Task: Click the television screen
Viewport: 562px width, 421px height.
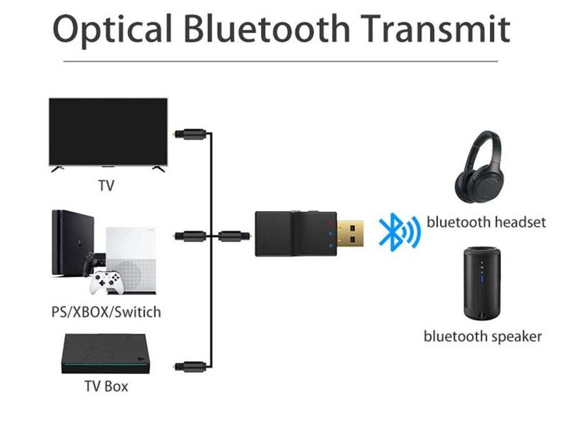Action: click(x=108, y=132)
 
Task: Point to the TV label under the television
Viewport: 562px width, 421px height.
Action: click(x=106, y=186)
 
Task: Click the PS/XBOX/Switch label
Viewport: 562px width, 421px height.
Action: click(x=106, y=311)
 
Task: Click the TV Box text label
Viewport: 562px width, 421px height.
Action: click(x=106, y=386)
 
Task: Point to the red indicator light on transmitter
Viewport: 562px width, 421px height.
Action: click(x=326, y=222)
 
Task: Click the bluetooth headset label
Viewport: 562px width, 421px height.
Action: click(x=486, y=222)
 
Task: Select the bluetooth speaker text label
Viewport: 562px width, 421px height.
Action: click(x=483, y=336)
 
